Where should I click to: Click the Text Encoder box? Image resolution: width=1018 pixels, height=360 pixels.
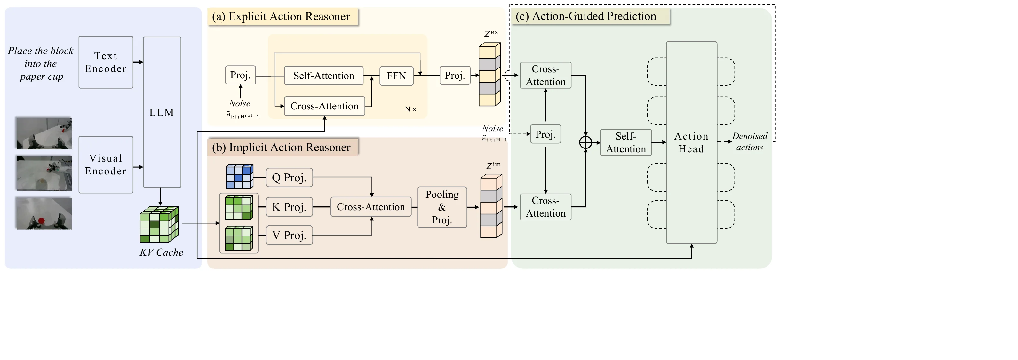point(106,62)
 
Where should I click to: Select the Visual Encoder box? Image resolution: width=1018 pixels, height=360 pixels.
point(106,164)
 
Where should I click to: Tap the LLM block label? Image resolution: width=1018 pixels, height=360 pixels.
point(162,112)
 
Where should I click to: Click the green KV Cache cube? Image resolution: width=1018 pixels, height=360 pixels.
point(159,224)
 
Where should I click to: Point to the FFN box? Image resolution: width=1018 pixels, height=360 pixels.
point(396,76)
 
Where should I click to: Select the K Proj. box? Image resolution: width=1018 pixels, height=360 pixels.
point(289,207)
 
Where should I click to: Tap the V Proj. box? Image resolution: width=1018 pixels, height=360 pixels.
point(289,235)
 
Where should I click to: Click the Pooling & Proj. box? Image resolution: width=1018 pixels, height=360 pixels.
point(442,207)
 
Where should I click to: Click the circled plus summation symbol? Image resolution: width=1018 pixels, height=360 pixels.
point(585,142)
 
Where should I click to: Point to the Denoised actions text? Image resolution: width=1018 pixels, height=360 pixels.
point(749,141)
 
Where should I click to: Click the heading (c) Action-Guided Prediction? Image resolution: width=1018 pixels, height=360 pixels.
point(586,16)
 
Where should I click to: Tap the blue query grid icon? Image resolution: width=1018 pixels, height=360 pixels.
point(239,177)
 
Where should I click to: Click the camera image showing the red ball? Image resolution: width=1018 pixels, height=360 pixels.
point(44,213)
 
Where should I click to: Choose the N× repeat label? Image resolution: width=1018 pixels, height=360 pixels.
point(410,109)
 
